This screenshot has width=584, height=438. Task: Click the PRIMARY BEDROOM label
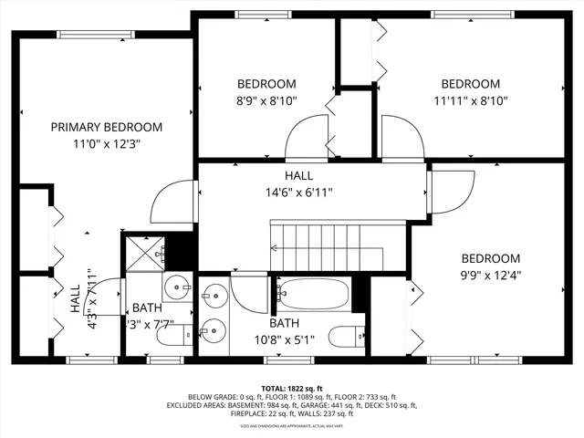click(x=106, y=127)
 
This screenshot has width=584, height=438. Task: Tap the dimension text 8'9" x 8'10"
click(x=266, y=100)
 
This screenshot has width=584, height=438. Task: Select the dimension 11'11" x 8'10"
click(x=470, y=100)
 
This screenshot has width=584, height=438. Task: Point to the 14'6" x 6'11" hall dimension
click(x=298, y=193)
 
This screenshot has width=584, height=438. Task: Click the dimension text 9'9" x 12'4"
click(x=490, y=275)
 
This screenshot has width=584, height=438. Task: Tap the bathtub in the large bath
click(x=312, y=295)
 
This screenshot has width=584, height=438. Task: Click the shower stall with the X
click(x=144, y=252)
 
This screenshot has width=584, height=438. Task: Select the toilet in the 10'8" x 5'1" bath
click(x=346, y=336)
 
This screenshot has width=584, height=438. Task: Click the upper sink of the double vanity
click(x=215, y=296)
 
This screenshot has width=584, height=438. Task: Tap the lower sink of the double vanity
click(x=215, y=330)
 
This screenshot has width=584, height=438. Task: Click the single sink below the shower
click(x=179, y=288)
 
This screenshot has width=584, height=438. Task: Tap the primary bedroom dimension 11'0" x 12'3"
click(x=106, y=143)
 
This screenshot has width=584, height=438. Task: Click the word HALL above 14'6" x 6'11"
click(x=298, y=176)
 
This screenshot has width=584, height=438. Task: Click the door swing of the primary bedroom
click(x=173, y=196)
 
